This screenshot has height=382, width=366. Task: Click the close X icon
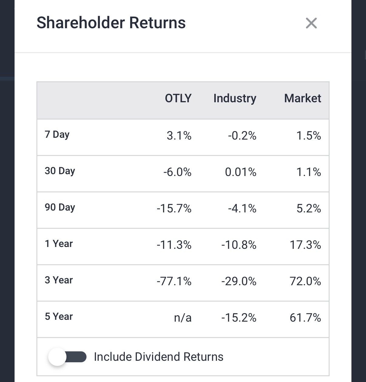pyautogui.click(x=311, y=23)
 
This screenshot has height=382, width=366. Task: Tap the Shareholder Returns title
pyautogui.click(x=111, y=23)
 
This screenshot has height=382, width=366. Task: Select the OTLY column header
pyautogui.click(x=178, y=98)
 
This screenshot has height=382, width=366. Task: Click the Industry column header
pyautogui.click(x=235, y=98)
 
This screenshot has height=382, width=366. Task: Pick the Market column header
pyautogui.click(x=303, y=98)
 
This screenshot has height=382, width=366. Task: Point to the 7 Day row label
pyautogui.click(x=57, y=134)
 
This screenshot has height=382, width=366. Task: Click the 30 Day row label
pyautogui.click(x=60, y=171)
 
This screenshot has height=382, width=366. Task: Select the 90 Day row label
pyautogui.click(x=60, y=207)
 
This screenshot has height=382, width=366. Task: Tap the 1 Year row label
pyautogui.click(x=59, y=244)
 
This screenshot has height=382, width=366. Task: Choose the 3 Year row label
pyautogui.click(x=59, y=280)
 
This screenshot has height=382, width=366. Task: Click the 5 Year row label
pyautogui.click(x=59, y=316)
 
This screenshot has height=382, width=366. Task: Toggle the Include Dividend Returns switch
pyautogui.click(x=67, y=357)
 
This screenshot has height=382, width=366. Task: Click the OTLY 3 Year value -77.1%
pyautogui.click(x=174, y=282)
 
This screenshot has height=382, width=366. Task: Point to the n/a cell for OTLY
pyautogui.click(x=183, y=318)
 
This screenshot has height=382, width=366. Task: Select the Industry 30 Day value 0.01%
pyautogui.click(x=241, y=172)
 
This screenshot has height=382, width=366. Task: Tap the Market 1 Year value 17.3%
pyautogui.click(x=305, y=245)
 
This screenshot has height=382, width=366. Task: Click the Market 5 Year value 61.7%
pyautogui.click(x=305, y=318)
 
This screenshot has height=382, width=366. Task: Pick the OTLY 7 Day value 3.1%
pyautogui.click(x=179, y=136)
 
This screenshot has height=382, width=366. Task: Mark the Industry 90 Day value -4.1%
pyautogui.click(x=242, y=209)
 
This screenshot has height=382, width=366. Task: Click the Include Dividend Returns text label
pyautogui.click(x=158, y=357)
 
